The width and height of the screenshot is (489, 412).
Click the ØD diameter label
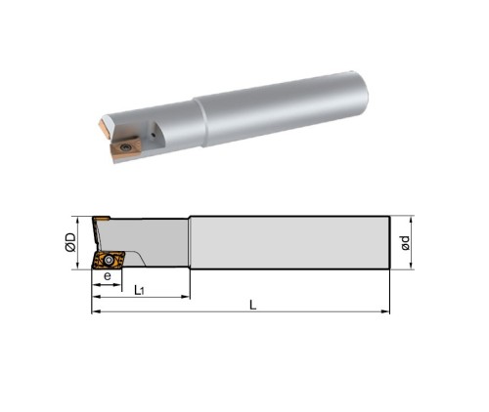(x=70, y=242)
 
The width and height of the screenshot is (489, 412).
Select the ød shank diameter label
(x=405, y=243)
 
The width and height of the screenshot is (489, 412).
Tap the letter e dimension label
(x=108, y=276)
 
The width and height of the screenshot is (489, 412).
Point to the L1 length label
(x=139, y=290)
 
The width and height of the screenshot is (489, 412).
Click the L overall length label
(x=252, y=306)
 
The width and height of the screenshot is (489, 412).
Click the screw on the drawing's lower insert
(x=109, y=260)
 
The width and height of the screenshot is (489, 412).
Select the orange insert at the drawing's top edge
(x=102, y=218)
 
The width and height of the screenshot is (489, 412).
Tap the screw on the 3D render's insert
(x=124, y=147)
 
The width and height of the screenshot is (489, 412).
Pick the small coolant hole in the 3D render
(x=154, y=134)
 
